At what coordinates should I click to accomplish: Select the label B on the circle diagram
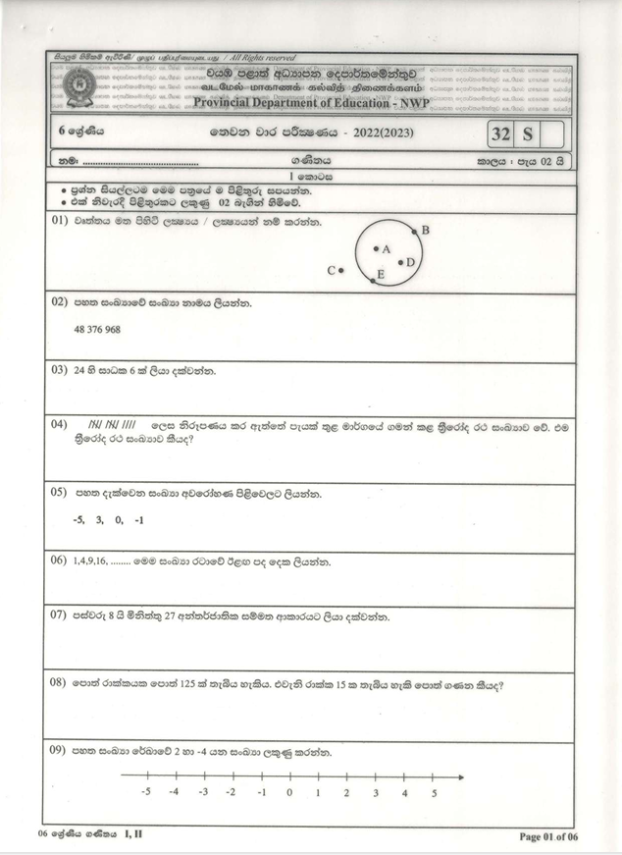425,231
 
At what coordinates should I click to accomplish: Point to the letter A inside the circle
386,249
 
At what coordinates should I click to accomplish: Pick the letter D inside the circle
411,263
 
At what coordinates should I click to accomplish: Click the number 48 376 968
97,330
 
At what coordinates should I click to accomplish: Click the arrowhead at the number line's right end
460,775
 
